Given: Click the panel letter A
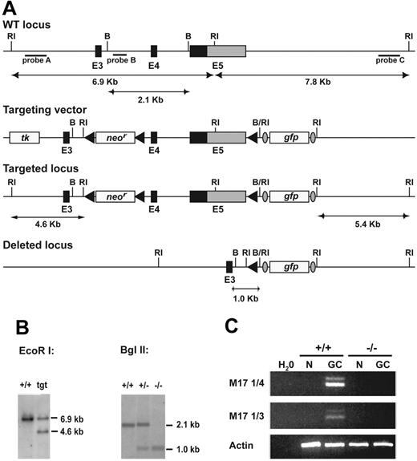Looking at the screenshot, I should click(10, 9).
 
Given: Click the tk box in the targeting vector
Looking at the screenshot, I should click(26, 138).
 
